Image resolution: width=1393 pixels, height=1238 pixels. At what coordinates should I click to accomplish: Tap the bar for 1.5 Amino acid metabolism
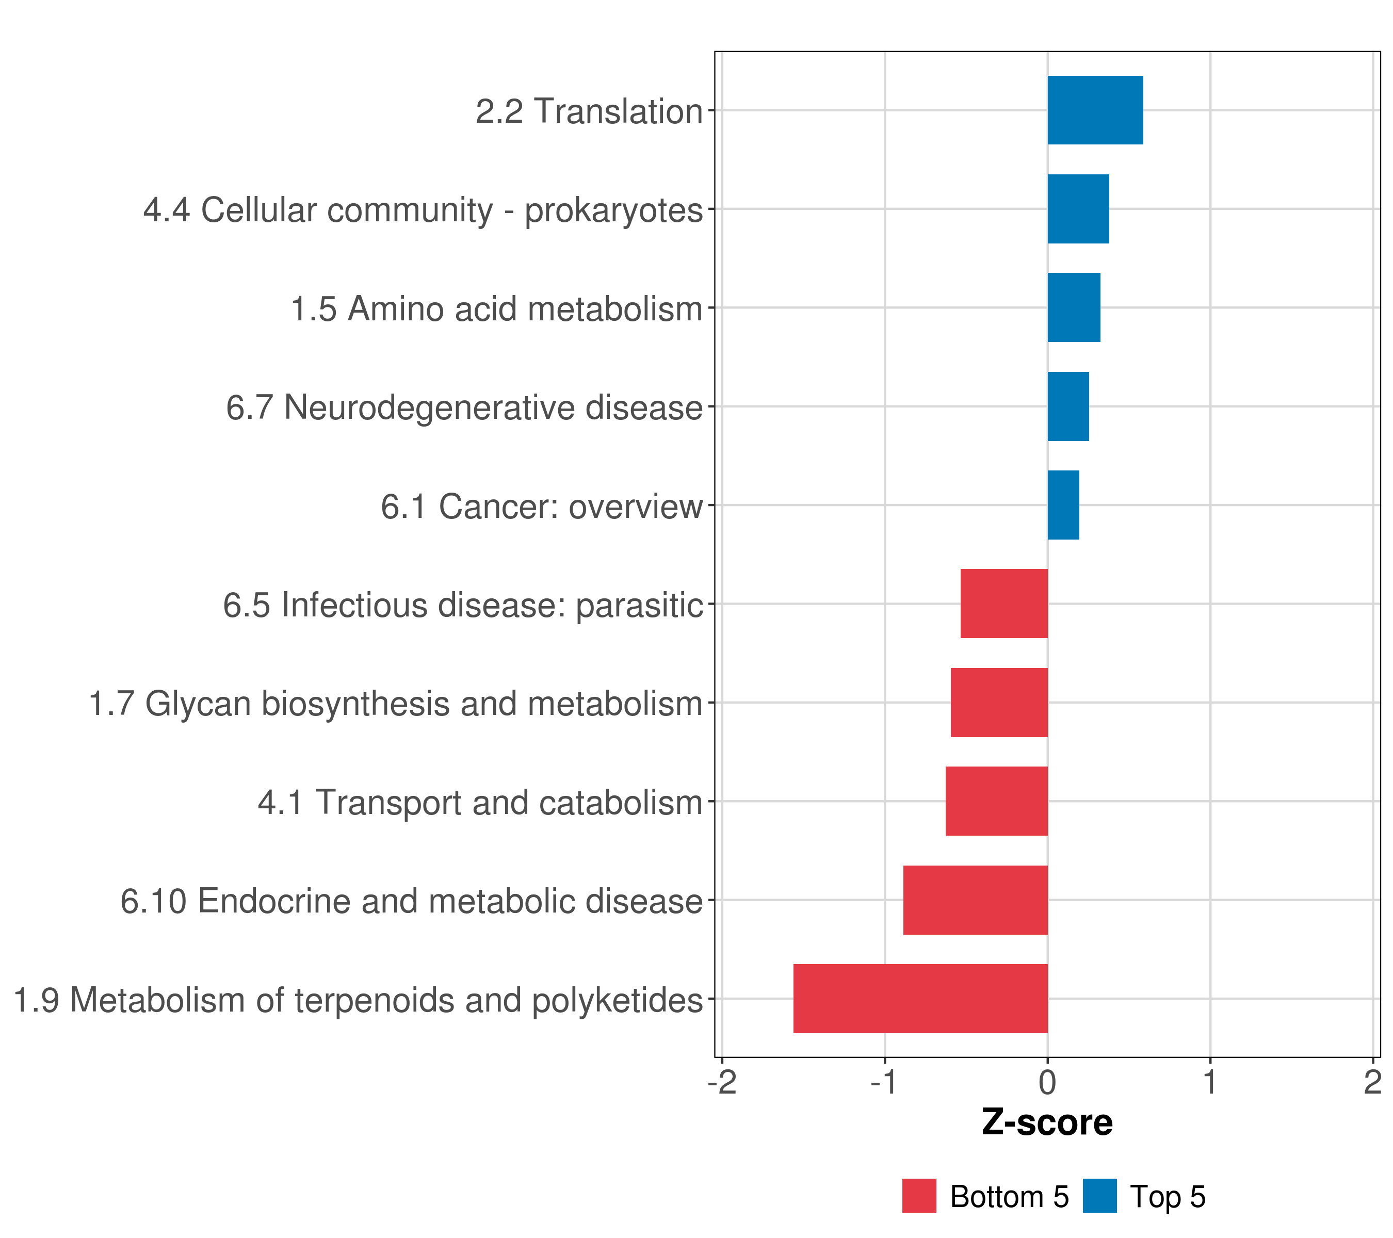pyautogui.click(x=1073, y=308)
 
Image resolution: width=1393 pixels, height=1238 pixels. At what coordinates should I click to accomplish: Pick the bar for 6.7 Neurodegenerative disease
pyautogui.click(x=1068, y=407)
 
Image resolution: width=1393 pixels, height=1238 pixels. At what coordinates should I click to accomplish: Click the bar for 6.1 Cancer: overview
pyautogui.click(x=1063, y=505)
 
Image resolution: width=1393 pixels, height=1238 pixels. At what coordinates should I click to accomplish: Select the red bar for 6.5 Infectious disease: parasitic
pyautogui.click(x=1004, y=604)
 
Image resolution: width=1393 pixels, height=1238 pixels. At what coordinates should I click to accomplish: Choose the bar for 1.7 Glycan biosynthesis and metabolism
pyautogui.click(x=999, y=703)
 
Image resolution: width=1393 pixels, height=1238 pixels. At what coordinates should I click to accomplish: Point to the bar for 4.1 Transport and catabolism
pyautogui.click(x=996, y=801)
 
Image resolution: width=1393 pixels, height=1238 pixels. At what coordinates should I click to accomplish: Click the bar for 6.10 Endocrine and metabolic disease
pyautogui.click(x=975, y=900)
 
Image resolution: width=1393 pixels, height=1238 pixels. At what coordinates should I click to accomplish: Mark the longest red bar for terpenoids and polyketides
pyautogui.click(x=920, y=999)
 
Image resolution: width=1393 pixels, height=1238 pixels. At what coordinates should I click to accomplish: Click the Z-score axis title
pyautogui.click(x=1047, y=1122)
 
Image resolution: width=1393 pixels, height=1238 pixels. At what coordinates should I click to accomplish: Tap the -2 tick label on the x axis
pyautogui.click(x=722, y=1083)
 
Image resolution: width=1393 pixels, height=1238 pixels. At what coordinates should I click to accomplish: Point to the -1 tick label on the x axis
pyautogui.click(x=885, y=1083)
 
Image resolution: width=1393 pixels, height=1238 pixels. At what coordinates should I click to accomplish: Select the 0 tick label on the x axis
pyautogui.click(x=1047, y=1083)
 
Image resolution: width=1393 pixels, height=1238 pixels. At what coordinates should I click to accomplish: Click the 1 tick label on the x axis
pyautogui.click(x=1210, y=1083)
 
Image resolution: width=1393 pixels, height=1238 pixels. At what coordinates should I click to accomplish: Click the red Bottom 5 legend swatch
pyautogui.click(x=919, y=1196)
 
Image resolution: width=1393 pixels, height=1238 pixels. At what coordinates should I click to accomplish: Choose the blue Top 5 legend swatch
pyautogui.click(x=1099, y=1196)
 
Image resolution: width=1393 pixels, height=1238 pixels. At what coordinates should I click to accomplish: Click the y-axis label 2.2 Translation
pyautogui.click(x=589, y=111)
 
